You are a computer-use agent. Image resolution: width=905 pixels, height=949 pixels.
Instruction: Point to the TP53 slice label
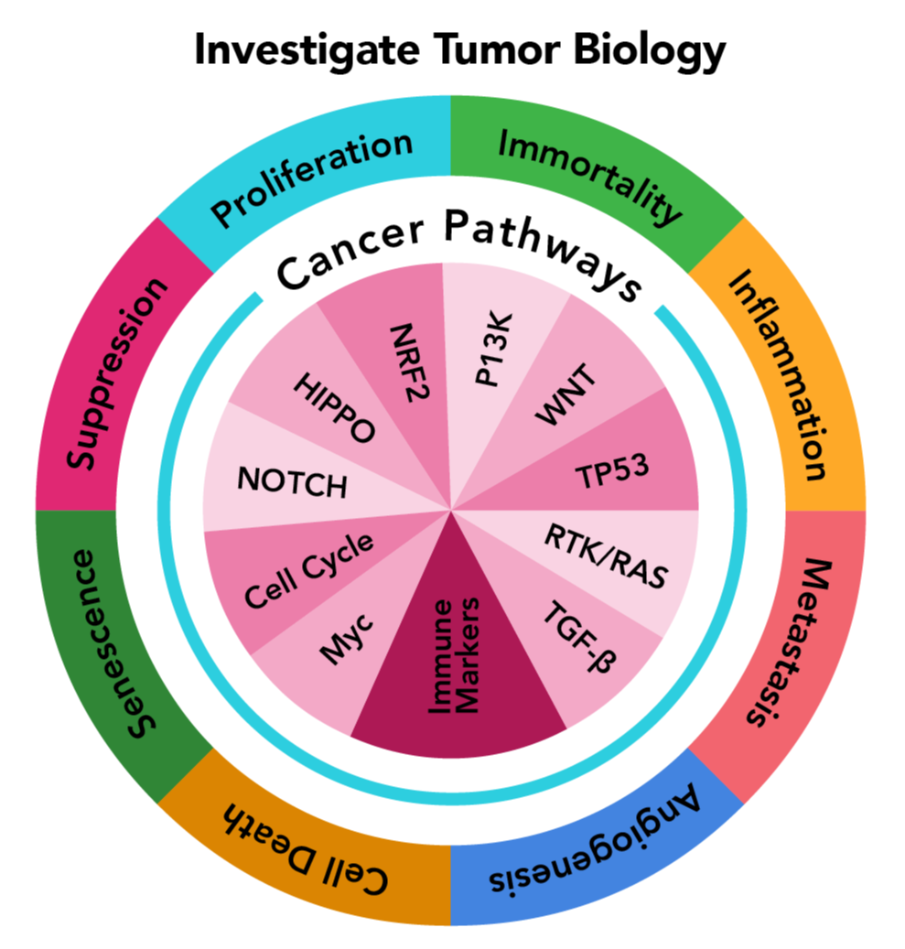[612, 472]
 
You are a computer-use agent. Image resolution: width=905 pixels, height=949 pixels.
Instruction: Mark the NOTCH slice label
[292, 481]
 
